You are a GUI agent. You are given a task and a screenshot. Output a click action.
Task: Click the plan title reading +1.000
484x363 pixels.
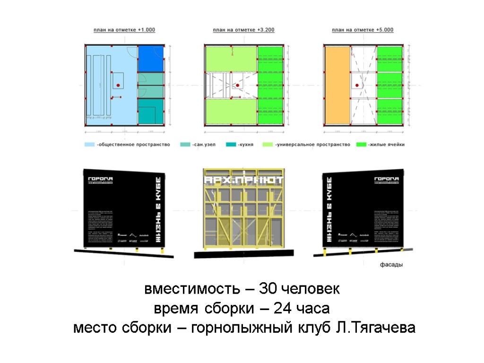(x=124, y=30)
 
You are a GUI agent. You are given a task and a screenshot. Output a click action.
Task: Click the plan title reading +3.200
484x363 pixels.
(x=243, y=30)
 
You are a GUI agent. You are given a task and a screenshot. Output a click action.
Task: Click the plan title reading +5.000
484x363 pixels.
(x=363, y=30)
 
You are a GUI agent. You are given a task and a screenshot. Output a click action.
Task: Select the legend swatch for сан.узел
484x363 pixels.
(x=185, y=145)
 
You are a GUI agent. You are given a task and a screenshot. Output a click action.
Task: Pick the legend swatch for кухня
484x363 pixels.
(x=231, y=145)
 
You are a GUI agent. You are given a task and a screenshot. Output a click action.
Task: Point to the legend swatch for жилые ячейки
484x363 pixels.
(x=362, y=145)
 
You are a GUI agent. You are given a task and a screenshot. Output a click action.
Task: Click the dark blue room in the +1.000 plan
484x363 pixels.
(x=151, y=59)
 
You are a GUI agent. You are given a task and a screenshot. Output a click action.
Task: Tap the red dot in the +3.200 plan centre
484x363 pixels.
(x=238, y=85)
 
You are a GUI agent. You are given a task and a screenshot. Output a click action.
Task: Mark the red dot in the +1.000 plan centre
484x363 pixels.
(x=119, y=85)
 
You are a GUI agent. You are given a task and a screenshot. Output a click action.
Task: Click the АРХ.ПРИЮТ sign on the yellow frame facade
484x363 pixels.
(x=243, y=181)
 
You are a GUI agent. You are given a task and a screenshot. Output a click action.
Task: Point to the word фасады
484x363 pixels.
(x=391, y=265)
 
